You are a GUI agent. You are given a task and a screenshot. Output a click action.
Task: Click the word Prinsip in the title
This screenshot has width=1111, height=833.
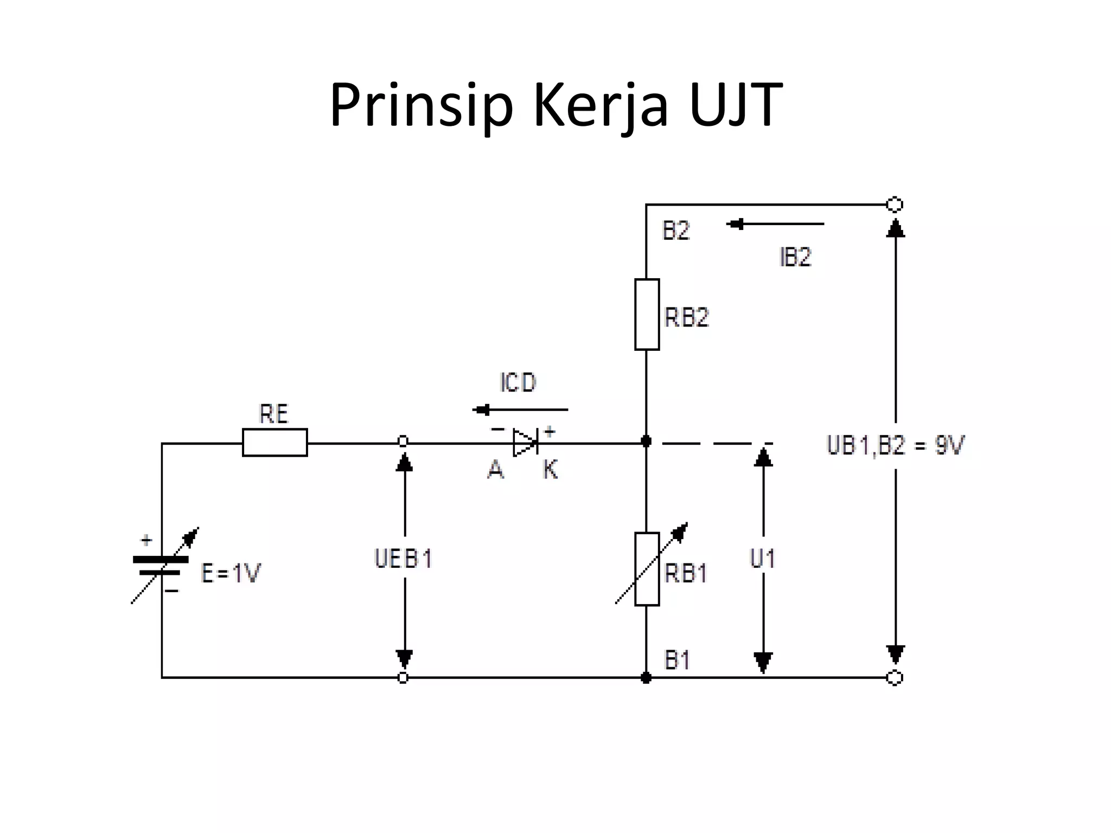[x=421, y=106]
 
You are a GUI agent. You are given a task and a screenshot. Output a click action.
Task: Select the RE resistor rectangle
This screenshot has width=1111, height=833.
[x=274, y=443]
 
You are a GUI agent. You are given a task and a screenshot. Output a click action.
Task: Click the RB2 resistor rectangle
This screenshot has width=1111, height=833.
[x=647, y=315]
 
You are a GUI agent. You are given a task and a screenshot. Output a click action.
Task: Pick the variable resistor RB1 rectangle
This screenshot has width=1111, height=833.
[x=647, y=568]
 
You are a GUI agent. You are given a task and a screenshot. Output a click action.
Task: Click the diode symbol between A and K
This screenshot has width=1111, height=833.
[x=525, y=443]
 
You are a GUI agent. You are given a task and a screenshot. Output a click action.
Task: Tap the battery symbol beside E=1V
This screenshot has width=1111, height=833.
[x=161, y=566]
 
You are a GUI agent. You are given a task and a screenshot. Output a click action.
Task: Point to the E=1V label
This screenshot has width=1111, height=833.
[x=231, y=573]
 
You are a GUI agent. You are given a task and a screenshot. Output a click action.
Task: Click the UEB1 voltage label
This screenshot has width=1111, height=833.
[x=403, y=559]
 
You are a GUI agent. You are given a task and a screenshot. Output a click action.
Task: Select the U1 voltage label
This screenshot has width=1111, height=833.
[x=762, y=559]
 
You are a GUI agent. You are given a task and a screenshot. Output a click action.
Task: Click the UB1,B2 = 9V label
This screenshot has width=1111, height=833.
[x=895, y=446]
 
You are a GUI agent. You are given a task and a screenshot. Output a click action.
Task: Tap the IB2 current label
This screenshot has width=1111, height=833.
[x=795, y=257]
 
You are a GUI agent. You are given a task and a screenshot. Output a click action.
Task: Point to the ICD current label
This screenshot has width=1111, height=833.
[x=518, y=383]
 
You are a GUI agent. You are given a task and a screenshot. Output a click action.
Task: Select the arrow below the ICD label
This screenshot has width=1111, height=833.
[x=520, y=410]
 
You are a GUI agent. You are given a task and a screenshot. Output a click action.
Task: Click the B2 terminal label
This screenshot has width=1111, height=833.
[x=676, y=231]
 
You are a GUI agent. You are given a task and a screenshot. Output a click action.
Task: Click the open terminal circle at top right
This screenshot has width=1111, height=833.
[x=894, y=204]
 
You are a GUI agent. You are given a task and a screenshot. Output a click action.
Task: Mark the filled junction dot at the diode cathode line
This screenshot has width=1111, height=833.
[x=646, y=441]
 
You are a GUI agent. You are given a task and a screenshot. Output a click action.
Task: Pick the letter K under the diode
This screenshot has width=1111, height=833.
[x=550, y=470]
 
